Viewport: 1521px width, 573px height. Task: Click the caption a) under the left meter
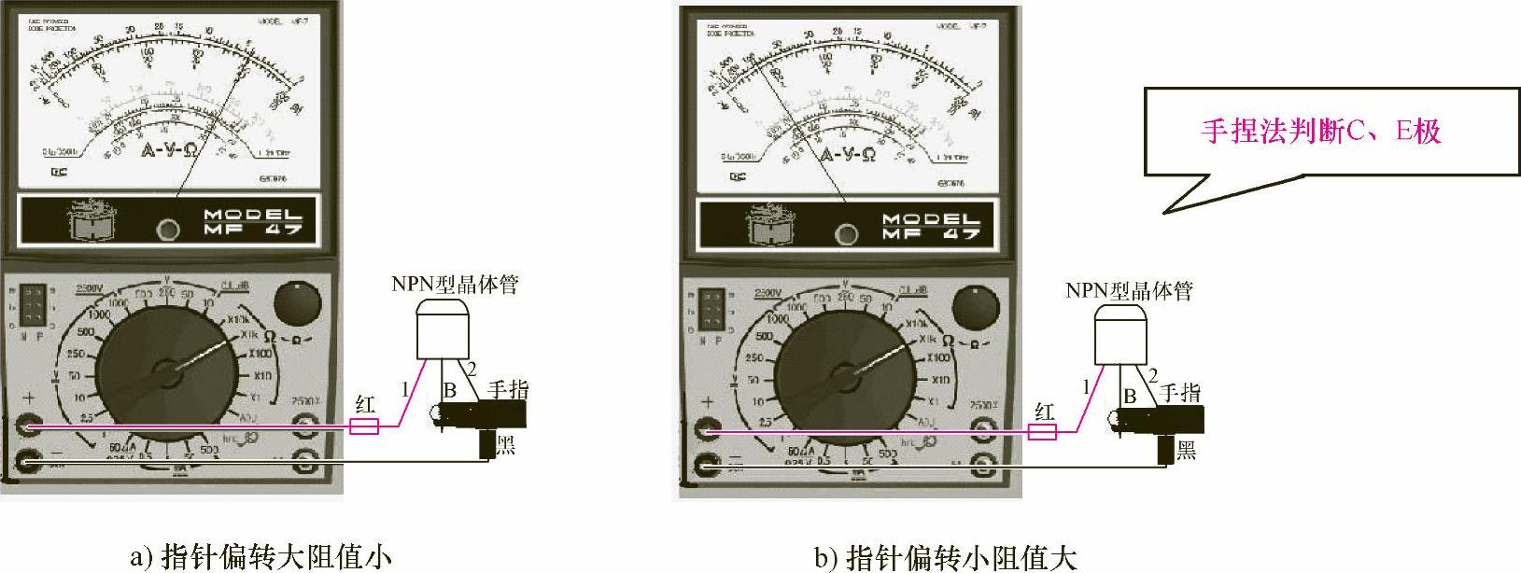click(261, 556)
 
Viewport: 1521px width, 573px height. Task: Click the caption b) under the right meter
click(946, 557)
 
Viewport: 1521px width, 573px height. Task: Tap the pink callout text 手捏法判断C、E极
click(1320, 131)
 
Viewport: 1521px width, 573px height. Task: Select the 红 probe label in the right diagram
click(1043, 411)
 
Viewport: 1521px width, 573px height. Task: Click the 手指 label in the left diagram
click(508, 389)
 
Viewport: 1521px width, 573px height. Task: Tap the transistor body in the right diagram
click(1121, 338)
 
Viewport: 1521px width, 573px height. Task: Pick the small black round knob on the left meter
click(296, 303)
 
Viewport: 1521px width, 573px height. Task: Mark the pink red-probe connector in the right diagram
click(1042, 432)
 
